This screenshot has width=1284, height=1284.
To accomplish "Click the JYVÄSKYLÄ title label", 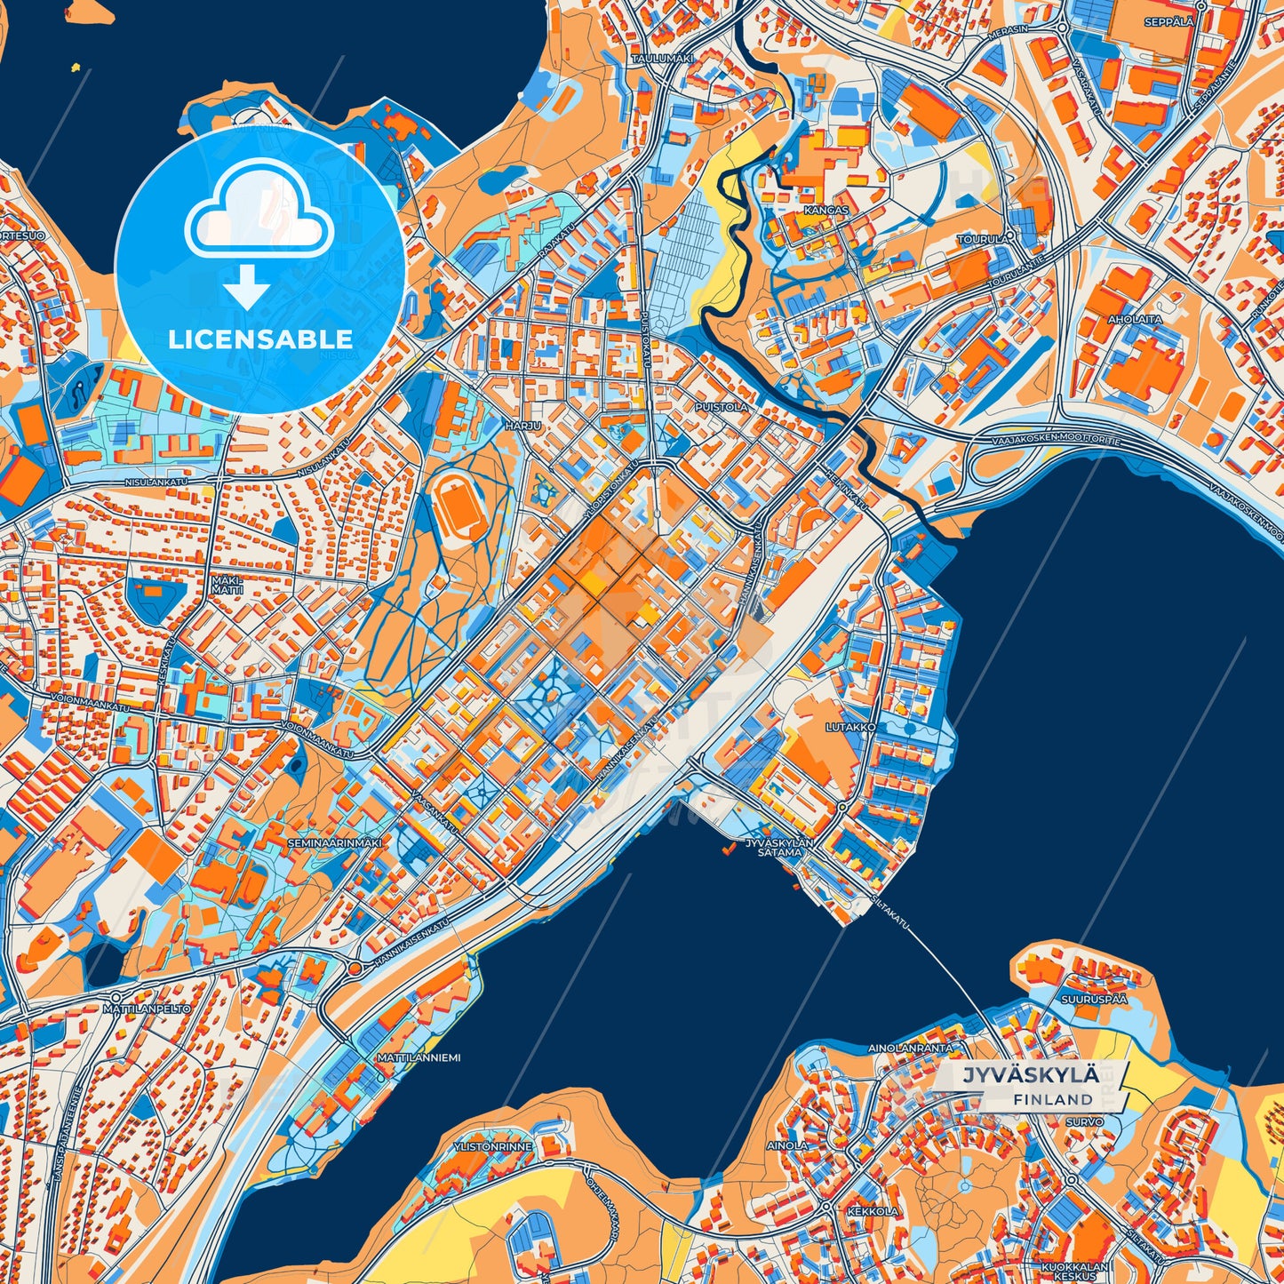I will pos(1030,1074).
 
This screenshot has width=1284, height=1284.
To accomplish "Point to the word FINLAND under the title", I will pos(1052,1099).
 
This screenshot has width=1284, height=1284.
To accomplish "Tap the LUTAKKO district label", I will pos(850,727).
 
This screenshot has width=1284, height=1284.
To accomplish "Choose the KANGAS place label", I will pos(825,211).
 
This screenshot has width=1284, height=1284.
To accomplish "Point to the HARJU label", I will pos(522,426).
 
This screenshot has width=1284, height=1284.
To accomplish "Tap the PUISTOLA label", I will pos(723,407).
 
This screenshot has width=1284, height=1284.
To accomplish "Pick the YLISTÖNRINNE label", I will pos(492,1146).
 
